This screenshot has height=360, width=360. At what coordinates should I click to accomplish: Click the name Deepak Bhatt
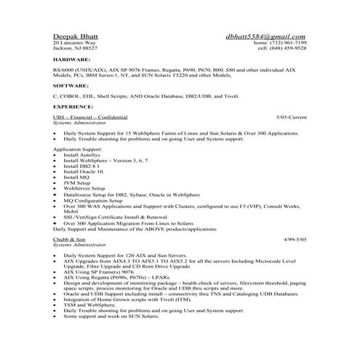coord(76,36)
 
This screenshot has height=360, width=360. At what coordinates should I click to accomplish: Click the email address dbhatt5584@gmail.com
coord(266,36)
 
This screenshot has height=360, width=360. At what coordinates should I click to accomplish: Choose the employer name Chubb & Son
coord(70,239)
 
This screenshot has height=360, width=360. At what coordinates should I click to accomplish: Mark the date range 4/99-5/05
coord(293,239)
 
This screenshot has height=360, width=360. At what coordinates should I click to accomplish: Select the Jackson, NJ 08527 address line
coord(73,49)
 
